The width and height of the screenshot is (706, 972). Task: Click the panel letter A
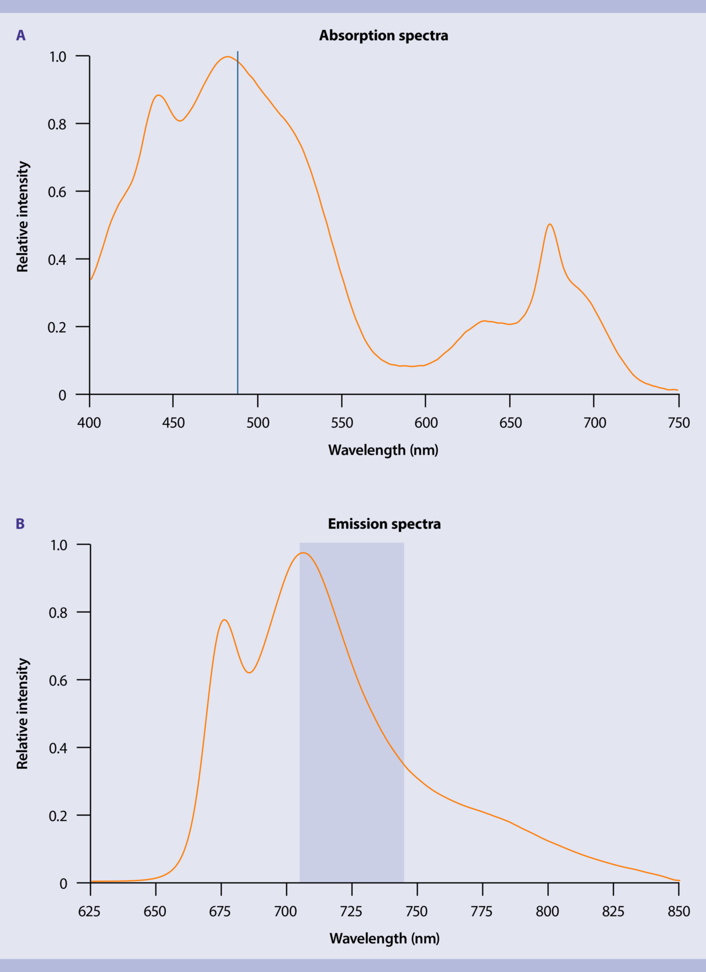point(21,35)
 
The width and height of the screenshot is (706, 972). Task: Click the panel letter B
point(20,524)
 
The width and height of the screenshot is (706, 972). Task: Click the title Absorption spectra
point(384,36)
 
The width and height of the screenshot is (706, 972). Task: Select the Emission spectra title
point(384,524)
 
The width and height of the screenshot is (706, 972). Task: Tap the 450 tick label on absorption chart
point(174,423)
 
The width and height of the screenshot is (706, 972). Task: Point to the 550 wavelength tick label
point(342,423)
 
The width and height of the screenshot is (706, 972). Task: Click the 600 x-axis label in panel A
point(426,423)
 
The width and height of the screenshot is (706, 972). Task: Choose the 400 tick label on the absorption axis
point(89,423)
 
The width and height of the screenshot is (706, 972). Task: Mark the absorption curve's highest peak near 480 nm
point(227,57)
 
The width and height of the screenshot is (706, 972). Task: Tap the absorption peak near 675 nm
point(550,224)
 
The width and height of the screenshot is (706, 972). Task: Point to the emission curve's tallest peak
point(303,553)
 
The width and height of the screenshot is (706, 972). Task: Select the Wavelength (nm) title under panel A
point(384,450)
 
